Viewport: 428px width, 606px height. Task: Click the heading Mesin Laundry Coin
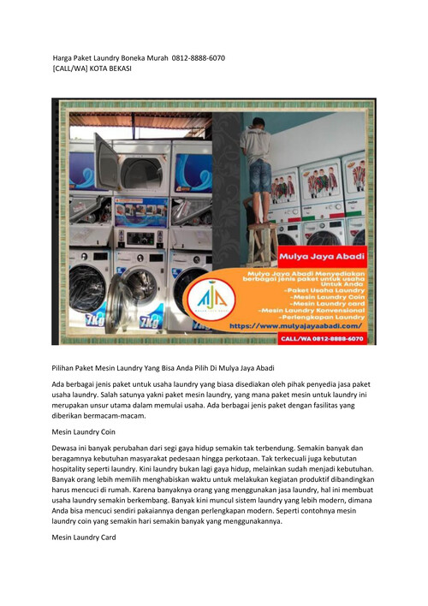tap(84, 432)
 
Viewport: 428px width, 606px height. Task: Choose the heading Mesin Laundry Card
tap(84, 538)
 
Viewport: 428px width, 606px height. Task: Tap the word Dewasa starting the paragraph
tap(69, 449)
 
